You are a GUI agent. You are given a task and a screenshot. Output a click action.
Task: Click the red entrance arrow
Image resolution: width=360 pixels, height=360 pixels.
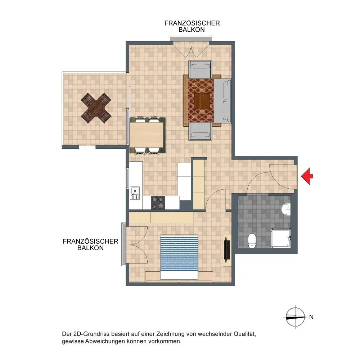click(x=307, y=176)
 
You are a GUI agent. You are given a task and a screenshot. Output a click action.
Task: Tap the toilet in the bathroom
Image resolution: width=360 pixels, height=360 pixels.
click(x=252, y=240)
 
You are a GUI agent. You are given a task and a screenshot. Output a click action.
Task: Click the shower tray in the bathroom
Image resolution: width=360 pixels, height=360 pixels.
click(x=281, y=238)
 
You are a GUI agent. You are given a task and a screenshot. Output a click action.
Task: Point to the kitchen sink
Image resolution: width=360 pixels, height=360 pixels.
click(x=135, y=193)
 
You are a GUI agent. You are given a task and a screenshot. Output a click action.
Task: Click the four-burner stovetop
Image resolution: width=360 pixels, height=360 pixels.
click(x=158, y=203)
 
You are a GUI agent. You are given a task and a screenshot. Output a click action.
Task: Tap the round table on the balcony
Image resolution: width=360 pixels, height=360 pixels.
click(x=96, y=108)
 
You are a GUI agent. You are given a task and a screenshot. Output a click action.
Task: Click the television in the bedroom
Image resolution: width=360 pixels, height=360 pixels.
click(x=227, y=250)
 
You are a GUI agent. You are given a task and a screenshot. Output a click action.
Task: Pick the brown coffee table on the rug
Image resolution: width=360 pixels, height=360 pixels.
click(x=202, y=101)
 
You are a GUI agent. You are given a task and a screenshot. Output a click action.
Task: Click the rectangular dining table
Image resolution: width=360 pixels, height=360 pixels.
click(x=147, y=135)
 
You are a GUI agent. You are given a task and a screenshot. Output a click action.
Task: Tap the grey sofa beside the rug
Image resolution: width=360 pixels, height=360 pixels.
click(x=222, y=100)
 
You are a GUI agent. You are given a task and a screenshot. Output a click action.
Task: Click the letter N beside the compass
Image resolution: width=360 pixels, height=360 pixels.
click(x=311, y=317)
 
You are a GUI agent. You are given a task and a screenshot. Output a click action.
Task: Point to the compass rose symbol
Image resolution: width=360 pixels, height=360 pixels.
click(x=295, y=317)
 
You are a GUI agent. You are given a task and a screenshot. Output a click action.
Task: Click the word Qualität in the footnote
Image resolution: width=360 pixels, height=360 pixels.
click(x=244, y=334)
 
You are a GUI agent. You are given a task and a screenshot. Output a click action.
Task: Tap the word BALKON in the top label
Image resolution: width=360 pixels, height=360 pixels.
click(x=192, y=30)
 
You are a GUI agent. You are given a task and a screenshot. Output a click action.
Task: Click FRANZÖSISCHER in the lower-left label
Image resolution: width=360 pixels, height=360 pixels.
click(x=90, y=241)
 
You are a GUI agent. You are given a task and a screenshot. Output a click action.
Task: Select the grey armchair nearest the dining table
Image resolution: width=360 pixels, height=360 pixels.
click(x=200, y=131)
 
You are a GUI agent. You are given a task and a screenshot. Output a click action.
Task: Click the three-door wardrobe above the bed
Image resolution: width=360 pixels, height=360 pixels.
click(x=161, y=217)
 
